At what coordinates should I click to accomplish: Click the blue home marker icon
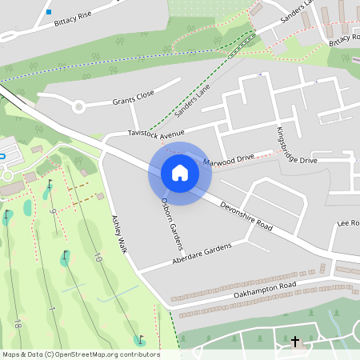pos(179,173)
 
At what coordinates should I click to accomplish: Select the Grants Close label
pos(133,99)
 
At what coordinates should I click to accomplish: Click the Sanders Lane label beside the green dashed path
pos(191,101)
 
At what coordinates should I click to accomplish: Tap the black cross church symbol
pos(295,342)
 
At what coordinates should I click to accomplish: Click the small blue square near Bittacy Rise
pos(49,12)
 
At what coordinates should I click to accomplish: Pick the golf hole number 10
pos(98,258)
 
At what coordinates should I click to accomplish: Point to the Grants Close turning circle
pos(78,106)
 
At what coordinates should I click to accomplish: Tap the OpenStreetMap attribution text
pos(80,354)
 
